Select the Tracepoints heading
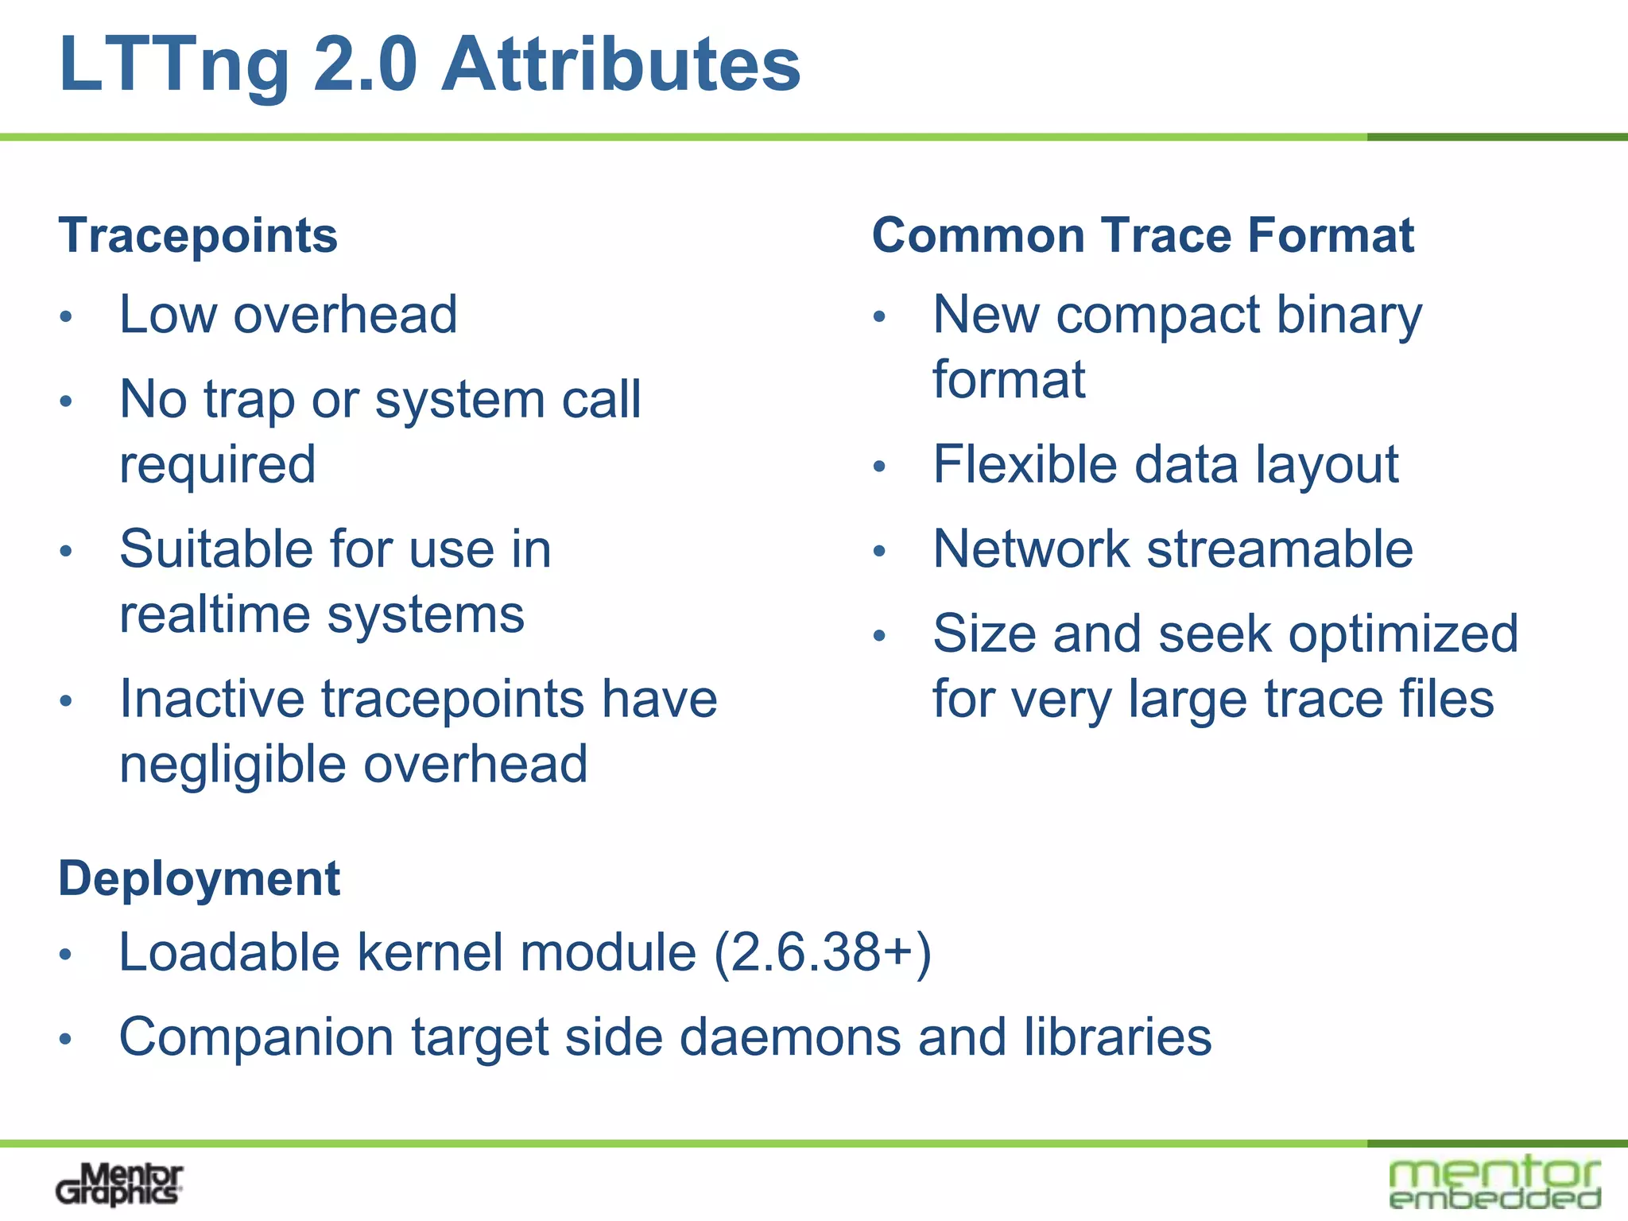(x=198, y=236)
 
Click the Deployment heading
(x=199, y=879)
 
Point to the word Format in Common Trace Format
(x=1331, y=235)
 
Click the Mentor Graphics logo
(x=119, y=1184)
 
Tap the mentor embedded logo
(x=1494, y=1183)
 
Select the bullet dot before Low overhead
(x=67, y=317)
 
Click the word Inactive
(x=211, y=700)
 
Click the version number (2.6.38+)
(x=823, y=952)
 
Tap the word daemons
(x=790, y=1037)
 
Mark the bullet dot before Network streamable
(x=879, y=552)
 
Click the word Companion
(x=256, y=1037)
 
